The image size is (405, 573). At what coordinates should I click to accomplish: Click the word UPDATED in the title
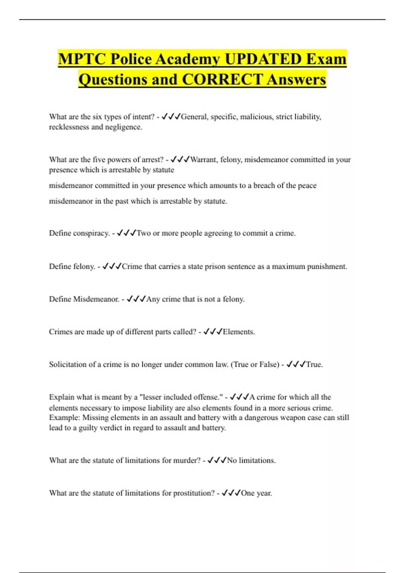[263, 59]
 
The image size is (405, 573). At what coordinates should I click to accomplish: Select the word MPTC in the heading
[81, 59]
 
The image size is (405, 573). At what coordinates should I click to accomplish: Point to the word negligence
[123, 127]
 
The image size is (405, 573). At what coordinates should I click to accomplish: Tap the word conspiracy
[91, 233]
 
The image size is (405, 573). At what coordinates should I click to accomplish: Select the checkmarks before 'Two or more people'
[127, 233]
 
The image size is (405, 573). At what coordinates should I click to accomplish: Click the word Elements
[238, 332]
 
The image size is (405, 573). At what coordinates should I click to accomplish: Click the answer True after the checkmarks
[314, 364]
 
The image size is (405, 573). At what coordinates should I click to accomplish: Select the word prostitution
[193, 493]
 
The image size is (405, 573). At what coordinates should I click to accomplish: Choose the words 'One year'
[256, 493]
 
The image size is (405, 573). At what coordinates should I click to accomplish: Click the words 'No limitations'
[251, 460]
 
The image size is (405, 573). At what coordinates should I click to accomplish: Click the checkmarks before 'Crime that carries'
[112, 267]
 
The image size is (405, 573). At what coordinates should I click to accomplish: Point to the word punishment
[327, 267]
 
